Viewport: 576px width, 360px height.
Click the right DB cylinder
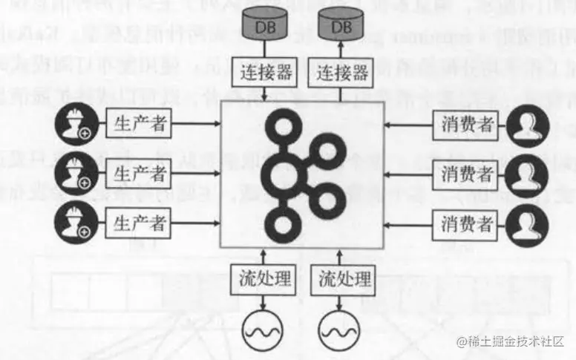click(x=339, y=27)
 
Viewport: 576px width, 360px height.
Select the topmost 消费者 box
click(x=465, y=125)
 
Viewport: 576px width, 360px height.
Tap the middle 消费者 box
click(x=465, y=174)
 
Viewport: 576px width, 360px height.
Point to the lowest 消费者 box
click(x=465, y=222)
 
